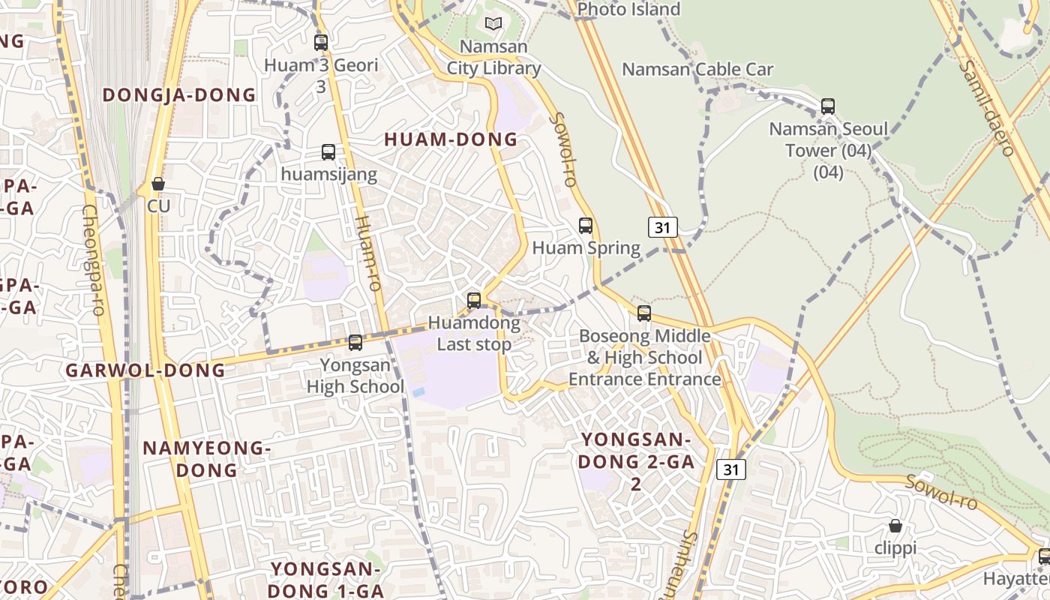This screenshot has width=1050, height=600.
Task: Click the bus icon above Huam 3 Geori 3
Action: (321, 43)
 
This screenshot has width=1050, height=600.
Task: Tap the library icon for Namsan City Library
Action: (493, 24)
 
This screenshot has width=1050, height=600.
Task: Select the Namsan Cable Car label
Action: (697, 70)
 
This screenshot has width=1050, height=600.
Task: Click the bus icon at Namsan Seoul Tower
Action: (828, 106)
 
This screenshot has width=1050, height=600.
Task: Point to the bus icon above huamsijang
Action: (328, 152)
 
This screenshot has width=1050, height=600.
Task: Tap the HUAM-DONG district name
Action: (451, 139)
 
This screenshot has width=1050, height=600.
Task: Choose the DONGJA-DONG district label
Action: (179, 95)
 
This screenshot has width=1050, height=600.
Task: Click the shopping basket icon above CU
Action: (158, 184)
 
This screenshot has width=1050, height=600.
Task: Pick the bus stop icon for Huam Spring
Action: (586, 226)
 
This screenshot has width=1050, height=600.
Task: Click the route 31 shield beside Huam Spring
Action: (662, 227)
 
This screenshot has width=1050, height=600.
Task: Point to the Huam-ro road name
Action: (368, 253)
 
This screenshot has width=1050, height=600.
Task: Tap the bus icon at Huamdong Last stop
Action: (474, 301)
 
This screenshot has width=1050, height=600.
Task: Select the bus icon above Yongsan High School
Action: (355, 343)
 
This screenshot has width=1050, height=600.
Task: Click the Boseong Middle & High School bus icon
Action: (644, 313)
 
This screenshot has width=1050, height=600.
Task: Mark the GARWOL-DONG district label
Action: (145, 370)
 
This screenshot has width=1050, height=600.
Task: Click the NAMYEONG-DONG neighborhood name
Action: (206, 459)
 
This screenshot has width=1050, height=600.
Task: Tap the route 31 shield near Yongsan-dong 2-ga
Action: (731, 470)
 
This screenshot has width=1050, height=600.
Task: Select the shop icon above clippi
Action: (895, 526)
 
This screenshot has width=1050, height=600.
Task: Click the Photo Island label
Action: (629, 10)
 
